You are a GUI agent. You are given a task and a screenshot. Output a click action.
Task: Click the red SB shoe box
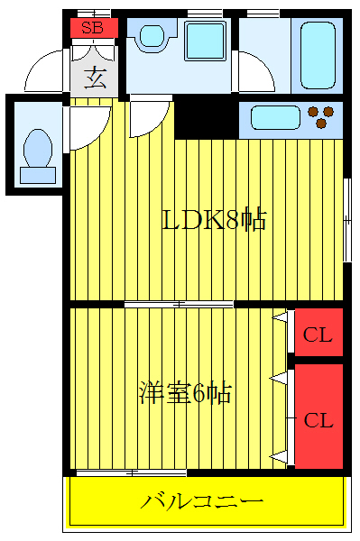tap(93, 27)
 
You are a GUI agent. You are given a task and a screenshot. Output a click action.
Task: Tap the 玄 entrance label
tap(95, 78)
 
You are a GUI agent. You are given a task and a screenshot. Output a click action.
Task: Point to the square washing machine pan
tap(204, 41)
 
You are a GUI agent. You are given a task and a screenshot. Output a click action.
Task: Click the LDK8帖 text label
tap(214, 219)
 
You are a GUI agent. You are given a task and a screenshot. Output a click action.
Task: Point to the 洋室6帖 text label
tap(184, 394)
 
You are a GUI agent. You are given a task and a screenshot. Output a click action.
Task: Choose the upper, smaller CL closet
tap(318, 336)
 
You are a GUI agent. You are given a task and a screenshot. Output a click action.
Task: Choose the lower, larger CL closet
tap(318, 419)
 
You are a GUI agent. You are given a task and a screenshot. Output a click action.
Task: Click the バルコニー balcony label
tap(202, 500)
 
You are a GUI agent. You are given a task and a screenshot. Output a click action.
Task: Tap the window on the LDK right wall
tap(347, 221)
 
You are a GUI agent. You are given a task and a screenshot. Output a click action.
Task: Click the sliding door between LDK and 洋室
tap(179, 305)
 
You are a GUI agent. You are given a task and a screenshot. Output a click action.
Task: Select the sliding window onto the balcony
tap(132, 472)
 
